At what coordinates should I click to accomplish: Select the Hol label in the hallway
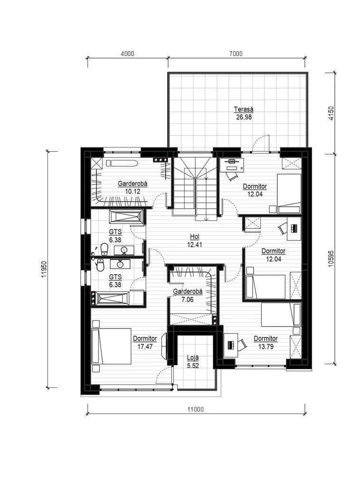coord(195,237)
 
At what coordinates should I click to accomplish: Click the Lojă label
coord(193,358)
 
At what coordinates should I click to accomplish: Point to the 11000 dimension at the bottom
coord(195,409)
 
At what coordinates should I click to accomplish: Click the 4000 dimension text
coord(127,54)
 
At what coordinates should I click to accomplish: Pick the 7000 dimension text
coord(236,54)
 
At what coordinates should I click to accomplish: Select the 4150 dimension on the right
coord(331,113)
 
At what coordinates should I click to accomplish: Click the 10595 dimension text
coord(331,259)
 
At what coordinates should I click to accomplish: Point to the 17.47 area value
coord(145,347)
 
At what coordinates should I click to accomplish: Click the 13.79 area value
coord(265,347)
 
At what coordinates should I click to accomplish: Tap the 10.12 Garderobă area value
coord(133,191)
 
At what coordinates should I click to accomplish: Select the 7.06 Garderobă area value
coord(188,299)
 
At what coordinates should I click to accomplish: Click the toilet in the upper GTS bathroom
coord(104,249)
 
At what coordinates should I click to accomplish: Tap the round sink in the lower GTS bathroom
coord(120,264)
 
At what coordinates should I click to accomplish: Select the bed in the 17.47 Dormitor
coord(112,346)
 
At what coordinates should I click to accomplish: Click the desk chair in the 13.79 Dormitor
coord(242,344)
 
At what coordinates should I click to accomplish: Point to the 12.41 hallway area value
coord(195,245)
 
